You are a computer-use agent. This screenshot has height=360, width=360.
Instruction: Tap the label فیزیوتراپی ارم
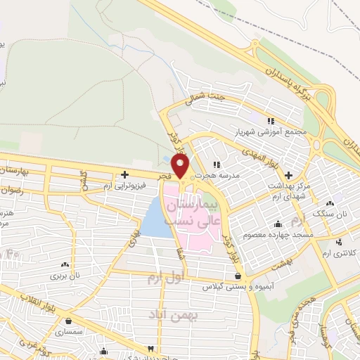[x=124, y=186]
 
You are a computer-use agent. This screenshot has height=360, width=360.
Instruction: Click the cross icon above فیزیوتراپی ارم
[x=124, y=174]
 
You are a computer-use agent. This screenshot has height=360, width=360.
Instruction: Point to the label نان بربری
[x=65, y=276]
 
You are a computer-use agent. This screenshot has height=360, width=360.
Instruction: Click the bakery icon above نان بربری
[x=65, y=265]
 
